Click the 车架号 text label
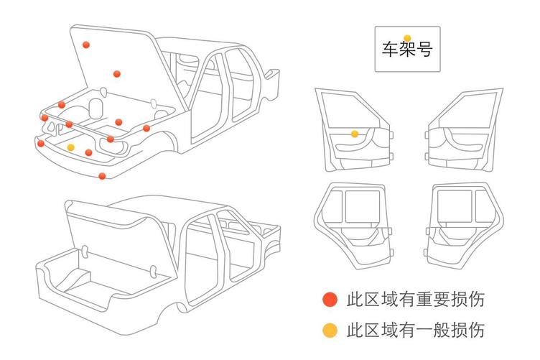[407, 50]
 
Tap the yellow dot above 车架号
[407, 38]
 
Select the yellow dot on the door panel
[355, 134]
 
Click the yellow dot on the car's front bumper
[70, 147]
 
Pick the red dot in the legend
[330, 300]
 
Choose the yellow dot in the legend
[330, 331]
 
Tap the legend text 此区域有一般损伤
[415, 331]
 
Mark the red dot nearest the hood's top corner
[86, 45]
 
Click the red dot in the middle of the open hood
[116, 73]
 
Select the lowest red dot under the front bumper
[102, 176]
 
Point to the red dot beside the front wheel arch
[146, 128]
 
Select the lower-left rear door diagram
[354, 220]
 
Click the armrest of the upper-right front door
[460, 140]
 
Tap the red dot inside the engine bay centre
[119, 121]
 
